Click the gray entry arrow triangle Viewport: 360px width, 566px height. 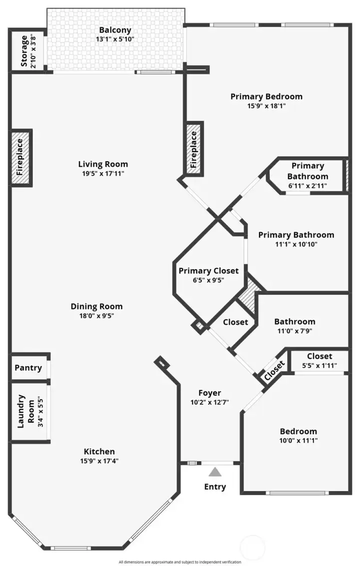[215, 471]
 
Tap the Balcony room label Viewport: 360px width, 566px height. [115, 30]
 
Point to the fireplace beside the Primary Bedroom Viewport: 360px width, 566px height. [194, 148]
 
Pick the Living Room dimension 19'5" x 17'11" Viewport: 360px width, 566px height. [103, 174]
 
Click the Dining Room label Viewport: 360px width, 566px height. [96, 306]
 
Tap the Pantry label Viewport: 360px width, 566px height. [28, 368]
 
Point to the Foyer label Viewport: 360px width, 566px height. [209, 393]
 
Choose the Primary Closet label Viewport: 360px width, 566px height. [208, 270]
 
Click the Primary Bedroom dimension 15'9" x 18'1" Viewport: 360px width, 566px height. [266, 106]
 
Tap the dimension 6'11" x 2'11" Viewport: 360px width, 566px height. [307, 185]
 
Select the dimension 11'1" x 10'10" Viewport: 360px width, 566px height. [296, 244]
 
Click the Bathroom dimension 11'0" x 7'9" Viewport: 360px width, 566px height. [294, 331]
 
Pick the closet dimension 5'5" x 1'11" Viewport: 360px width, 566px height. [319, 365]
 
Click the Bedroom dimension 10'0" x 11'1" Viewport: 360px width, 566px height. [298, 440]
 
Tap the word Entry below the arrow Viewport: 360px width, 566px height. [215, 486]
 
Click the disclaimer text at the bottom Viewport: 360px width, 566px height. [180, 562]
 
